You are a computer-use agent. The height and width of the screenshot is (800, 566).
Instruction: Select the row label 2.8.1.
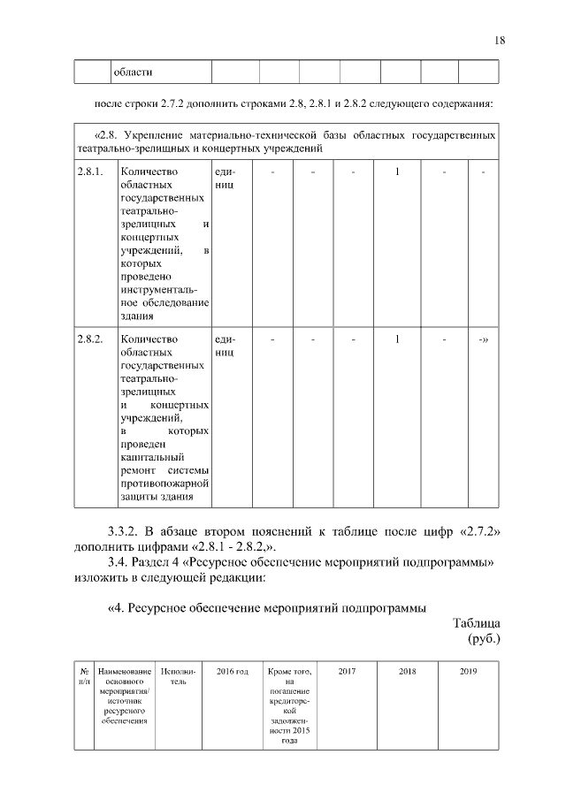[90, 171]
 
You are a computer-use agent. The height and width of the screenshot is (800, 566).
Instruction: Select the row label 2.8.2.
[90, 339]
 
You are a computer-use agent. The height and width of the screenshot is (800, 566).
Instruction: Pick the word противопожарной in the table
[164, 484]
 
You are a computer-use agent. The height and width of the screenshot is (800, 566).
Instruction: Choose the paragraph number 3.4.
[119, 563]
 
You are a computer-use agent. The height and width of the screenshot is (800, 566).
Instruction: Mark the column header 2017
[348, 672]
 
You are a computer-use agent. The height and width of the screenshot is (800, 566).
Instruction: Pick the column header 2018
[407, 672]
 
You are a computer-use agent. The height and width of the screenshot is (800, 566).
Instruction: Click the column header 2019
[468, 672]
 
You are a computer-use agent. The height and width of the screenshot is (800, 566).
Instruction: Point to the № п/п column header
[84, 677]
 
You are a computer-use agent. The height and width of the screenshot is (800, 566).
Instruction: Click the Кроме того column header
[287, 672]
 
